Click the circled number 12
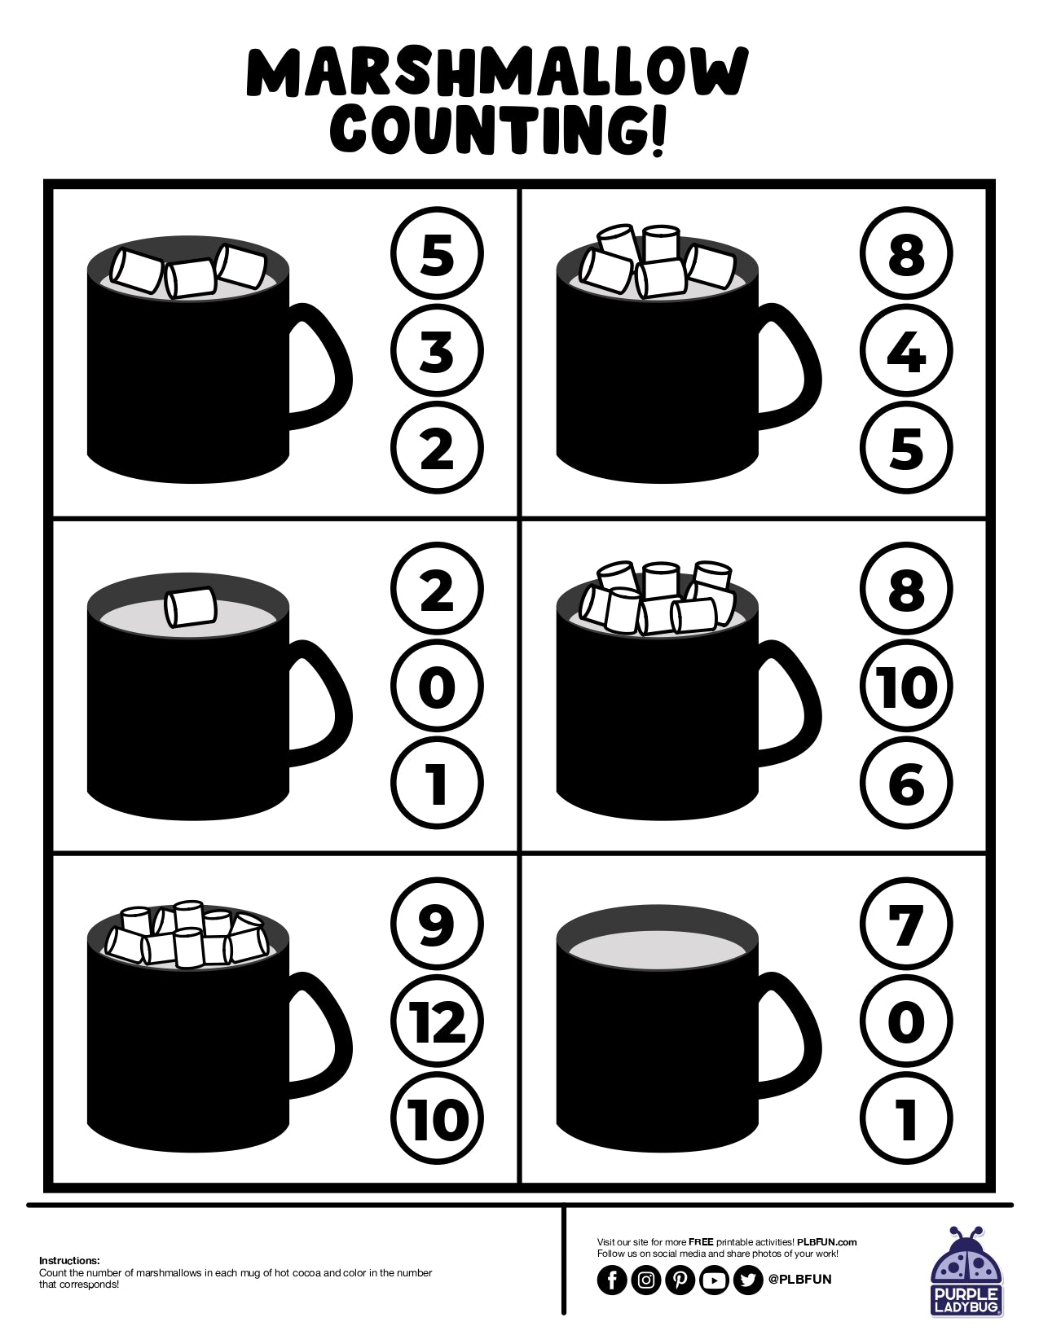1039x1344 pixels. [x=438, y=1021]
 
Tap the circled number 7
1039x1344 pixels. [x=906, y=925]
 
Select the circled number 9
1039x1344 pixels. [x=438, y=925]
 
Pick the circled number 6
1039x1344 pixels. [x=906, y=784]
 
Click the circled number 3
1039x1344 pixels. [x=438, y=351]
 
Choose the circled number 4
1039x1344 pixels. [x=906, y=351]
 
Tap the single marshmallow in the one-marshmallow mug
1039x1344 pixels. [x=190, y=608]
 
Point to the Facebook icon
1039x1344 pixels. [x=612, y=1280]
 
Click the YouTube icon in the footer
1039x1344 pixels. [x=714, y=1280]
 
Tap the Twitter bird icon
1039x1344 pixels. [x=747, y=1280]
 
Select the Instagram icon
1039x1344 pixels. [x=646, y=1280]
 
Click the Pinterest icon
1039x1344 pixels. [x=680, y=1280]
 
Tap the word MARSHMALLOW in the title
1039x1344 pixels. [x=496, y=72]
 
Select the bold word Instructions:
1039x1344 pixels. [x=69, y=1260]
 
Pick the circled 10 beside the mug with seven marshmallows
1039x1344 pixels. [x=906, y=687]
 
